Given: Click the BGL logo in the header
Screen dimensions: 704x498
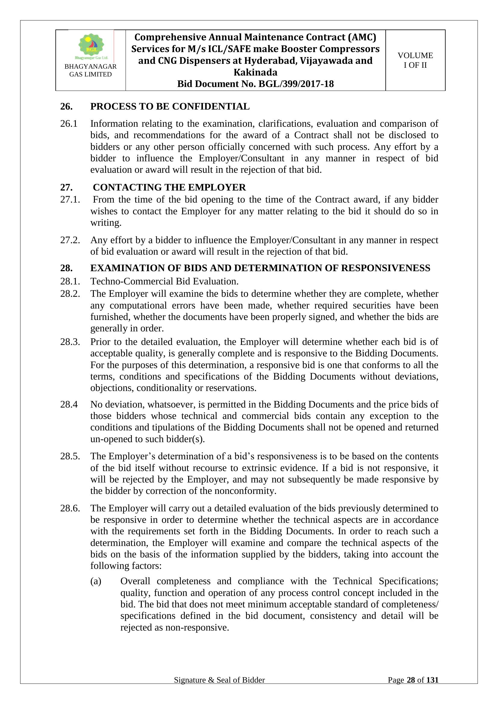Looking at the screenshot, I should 91,46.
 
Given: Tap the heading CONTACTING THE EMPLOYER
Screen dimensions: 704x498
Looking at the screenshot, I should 169,187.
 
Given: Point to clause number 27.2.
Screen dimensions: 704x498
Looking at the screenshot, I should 70,240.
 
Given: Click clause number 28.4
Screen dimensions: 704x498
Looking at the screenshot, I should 69,404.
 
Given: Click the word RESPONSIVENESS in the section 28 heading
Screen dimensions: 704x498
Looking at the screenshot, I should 385,268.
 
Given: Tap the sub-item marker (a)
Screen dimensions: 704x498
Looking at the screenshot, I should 96,581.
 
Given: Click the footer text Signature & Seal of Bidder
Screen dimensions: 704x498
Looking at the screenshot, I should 219,680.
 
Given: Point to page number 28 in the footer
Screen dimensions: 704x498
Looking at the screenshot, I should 411,680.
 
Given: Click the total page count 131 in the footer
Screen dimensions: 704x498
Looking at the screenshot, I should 432,680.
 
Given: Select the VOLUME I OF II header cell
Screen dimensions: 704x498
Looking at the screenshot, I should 415,60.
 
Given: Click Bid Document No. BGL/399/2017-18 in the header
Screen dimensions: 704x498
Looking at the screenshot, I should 255,84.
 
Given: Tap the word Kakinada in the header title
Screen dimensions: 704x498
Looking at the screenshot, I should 255,72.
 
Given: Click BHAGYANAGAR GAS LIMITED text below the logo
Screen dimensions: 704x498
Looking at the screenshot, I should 90,70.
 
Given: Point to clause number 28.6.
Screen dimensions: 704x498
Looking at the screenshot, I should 70,508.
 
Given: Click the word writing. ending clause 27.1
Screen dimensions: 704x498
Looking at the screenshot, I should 106,223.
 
